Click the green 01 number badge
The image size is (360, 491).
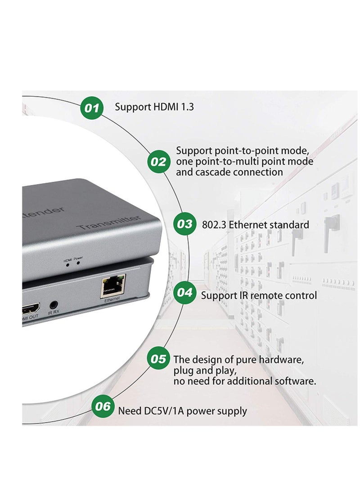[92, 108]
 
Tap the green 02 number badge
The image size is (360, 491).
[158, 162]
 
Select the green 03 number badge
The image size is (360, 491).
[184, 224]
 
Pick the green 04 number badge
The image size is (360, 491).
[184, 293]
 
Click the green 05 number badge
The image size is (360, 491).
[158, 359]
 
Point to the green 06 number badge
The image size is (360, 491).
[103, 406]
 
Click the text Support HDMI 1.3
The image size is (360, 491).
[154, 107]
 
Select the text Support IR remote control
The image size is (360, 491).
[259, 295]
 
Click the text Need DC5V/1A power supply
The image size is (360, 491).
[182, 410]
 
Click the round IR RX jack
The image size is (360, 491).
[54, 305]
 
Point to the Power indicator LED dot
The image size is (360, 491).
[78, 263]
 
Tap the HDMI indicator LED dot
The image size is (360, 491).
[68, 264]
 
